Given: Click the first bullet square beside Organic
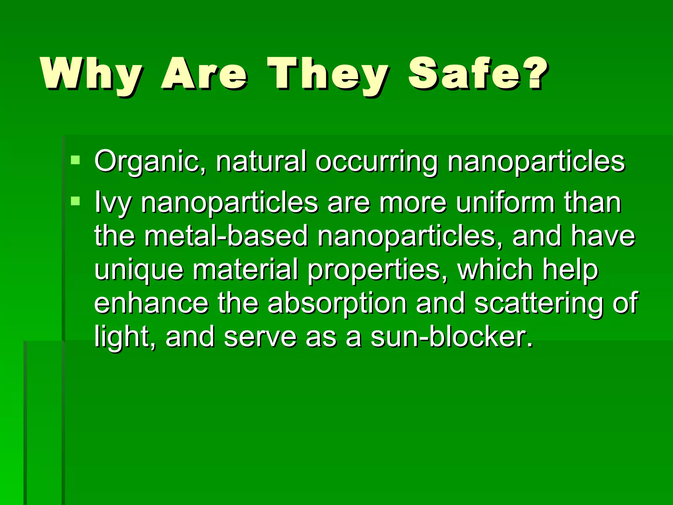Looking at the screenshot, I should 75,160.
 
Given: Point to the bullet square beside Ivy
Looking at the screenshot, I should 75,201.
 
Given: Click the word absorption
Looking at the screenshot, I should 337,303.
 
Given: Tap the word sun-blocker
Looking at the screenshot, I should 452,337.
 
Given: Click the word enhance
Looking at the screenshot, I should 151,303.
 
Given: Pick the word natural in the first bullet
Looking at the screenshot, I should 261,161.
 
